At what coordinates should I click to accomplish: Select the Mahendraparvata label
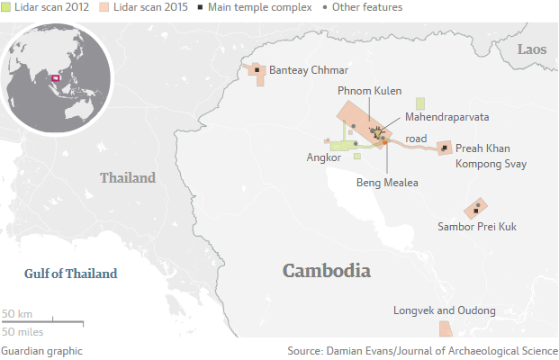pos(447,117)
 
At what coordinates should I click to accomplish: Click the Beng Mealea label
pos(387,182)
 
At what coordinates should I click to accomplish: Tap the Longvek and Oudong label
pos(445,310)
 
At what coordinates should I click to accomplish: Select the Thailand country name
pos(128,177)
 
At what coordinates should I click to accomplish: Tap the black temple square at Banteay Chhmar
pos(257,69)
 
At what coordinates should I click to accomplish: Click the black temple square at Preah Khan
pos(444,146)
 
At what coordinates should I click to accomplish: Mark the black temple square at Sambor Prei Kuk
pos(478,207)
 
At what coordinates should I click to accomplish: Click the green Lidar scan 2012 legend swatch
pos(6,7)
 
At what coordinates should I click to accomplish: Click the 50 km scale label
pos(17,313)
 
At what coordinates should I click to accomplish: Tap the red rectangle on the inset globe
pos(55,78)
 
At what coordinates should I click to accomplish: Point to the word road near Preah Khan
pos(416,139)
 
